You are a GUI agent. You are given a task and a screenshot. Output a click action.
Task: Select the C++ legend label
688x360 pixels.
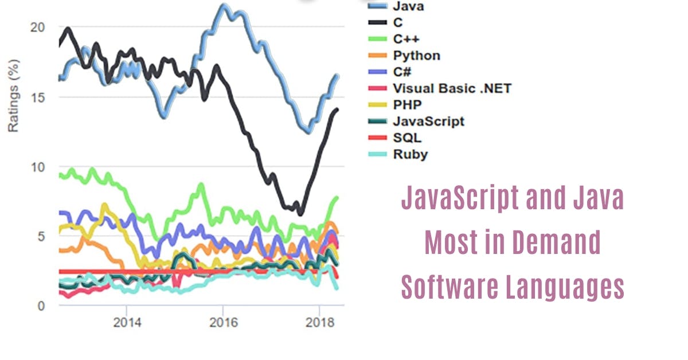click(406, 39)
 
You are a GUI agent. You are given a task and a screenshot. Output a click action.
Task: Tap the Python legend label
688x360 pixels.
click(417, 56)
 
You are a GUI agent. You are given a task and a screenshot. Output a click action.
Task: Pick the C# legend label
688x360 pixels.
click(402, 72)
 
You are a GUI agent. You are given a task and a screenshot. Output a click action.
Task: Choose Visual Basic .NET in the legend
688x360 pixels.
click(452, 88)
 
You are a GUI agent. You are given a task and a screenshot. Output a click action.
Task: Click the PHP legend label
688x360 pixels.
click(408, 105)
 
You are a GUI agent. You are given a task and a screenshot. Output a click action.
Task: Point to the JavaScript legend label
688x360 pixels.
click(429, 121)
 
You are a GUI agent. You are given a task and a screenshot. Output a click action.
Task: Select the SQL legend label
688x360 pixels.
click(407, 138)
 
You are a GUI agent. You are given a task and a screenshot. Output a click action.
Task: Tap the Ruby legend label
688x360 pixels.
click(411, 154)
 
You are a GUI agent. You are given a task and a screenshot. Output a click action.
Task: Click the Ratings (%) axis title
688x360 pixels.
click(13, 97)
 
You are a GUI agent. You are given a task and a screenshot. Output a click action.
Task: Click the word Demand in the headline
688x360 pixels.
click(556, 242)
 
